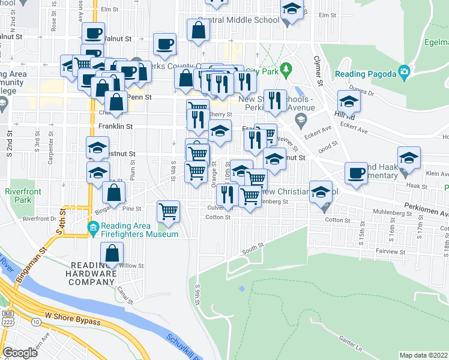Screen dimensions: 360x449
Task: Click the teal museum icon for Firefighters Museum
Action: tap(92, 227)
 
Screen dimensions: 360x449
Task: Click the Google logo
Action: tap(20, 352)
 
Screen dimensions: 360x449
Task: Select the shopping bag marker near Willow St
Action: tap(112, 254)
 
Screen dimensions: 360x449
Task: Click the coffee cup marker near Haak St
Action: tap(356, 173)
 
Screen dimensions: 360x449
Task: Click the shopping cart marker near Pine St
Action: tap(169, 211)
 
